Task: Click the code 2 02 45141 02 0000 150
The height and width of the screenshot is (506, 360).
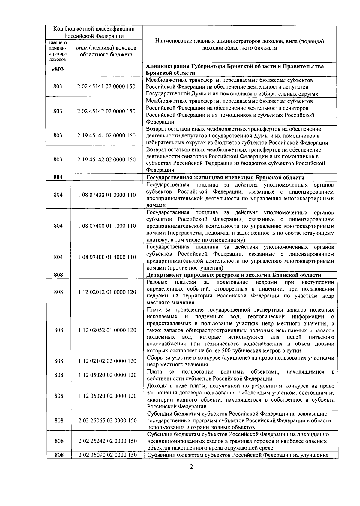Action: (106, 86)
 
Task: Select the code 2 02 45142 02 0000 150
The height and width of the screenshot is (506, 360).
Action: (106, 111)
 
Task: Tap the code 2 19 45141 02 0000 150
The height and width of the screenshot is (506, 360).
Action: (106, 135)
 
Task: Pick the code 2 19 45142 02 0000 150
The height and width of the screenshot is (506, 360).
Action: (106, 160)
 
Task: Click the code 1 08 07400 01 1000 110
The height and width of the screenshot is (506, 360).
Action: (107, 226)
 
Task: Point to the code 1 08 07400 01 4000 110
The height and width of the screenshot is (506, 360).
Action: (107, 257)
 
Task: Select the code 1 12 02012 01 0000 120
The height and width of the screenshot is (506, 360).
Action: (107, 292)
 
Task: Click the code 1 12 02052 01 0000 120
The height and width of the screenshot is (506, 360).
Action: (107, 330)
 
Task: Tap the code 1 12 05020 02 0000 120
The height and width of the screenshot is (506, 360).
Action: (107, 375)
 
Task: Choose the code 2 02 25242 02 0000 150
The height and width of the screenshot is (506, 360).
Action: (107, 441)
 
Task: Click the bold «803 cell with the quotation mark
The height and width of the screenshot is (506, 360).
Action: (58, 69)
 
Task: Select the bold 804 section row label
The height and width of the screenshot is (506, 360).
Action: (58, 177)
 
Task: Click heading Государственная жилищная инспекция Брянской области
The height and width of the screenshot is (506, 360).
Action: (225, 177)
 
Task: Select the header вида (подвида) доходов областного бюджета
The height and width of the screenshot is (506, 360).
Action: (106, 51)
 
